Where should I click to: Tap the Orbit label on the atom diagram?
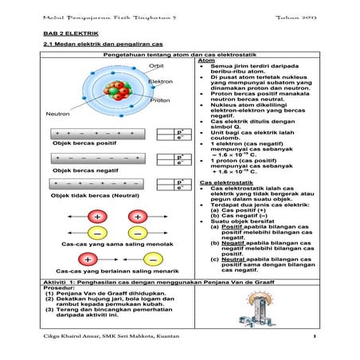(156, 66)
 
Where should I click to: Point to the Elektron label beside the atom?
(160, 81)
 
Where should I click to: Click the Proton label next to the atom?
(159, 100)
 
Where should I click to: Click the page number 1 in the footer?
(315, 338)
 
